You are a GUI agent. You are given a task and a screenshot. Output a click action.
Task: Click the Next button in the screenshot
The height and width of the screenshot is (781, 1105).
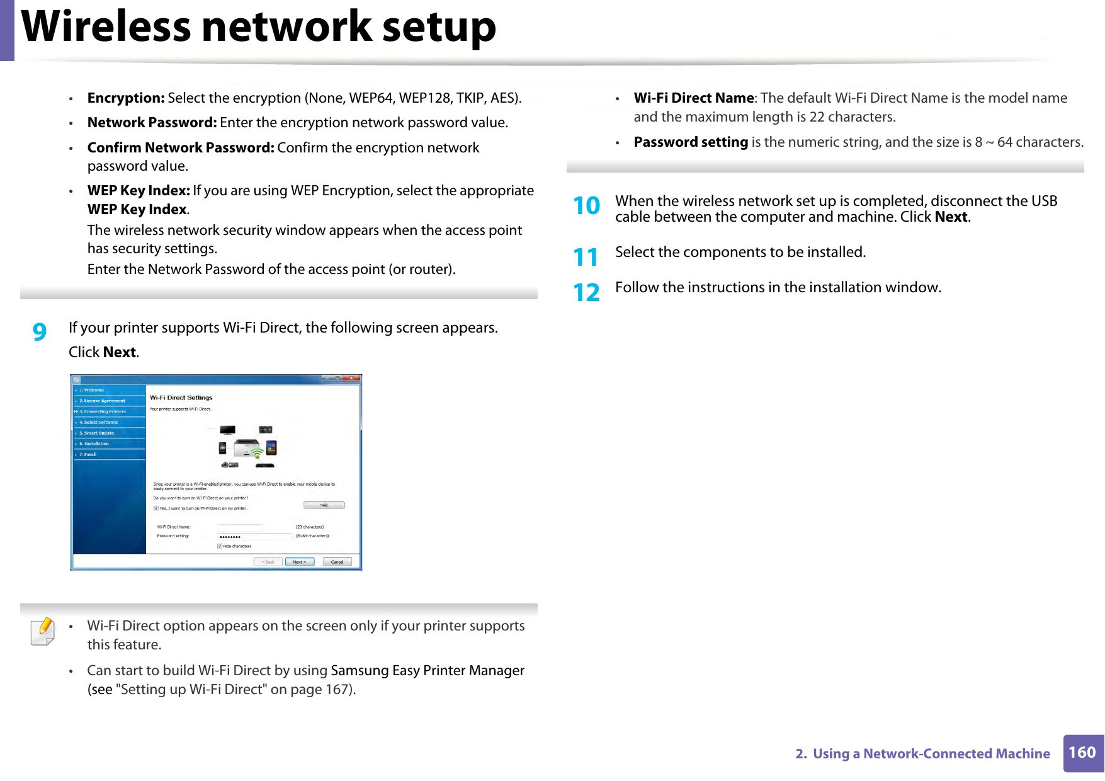tap(299, 562)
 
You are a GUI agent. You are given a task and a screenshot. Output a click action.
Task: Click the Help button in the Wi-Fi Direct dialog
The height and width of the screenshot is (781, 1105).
tap(324, 505)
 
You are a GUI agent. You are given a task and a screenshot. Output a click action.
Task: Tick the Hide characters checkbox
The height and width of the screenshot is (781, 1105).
tap(219, 546)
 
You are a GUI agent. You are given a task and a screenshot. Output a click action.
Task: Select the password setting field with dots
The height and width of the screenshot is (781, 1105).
tap(254, 537)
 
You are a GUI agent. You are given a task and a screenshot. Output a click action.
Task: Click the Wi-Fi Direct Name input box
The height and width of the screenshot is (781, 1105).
tap(239, 527)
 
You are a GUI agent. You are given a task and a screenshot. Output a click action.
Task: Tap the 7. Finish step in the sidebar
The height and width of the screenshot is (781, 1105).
tap(88, 454)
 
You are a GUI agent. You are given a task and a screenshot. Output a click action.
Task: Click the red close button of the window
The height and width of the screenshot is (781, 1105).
tap(354, 379)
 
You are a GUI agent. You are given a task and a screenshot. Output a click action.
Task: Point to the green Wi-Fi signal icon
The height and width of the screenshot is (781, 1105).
tap(257, 453)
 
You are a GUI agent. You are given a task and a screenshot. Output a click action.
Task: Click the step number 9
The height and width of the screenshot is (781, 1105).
tap(39, 331)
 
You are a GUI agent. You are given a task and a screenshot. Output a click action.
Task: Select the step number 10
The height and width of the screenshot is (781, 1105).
tap(586, 206)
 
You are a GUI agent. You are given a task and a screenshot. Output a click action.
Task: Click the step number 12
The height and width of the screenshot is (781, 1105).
tap(586, 293)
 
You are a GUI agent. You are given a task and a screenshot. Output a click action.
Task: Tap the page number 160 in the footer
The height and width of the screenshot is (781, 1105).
tap(1082, 753)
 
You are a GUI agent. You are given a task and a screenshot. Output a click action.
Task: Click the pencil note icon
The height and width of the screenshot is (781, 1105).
tap(43, 632)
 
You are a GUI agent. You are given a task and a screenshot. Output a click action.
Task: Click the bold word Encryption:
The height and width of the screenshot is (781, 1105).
tap(126, 98)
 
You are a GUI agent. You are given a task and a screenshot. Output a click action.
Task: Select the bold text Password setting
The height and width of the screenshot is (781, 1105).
tap(691, 142)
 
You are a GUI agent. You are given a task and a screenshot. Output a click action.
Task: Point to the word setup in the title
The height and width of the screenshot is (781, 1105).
tap(439, 27)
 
